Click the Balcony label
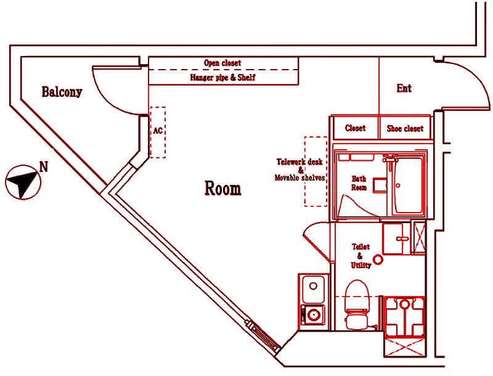point(62,92)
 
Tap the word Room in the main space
point(223,189)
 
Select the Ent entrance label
point(404,88)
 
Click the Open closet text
point(222,63)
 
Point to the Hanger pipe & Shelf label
point(223,77)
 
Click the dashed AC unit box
point(158,133)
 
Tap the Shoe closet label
point(405,128)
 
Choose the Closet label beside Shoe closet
point(356,128)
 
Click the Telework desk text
point(299,162)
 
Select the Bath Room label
point(359,183)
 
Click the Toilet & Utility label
point(361,256)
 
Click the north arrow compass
point(23,182)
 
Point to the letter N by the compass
point(44,167)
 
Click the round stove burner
point(313,314)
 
